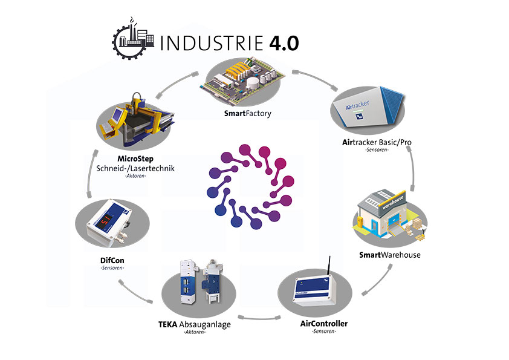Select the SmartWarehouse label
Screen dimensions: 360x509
coord(389,255)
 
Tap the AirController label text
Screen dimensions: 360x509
coord(324,323)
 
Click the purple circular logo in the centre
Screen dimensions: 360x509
coord(248,187)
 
